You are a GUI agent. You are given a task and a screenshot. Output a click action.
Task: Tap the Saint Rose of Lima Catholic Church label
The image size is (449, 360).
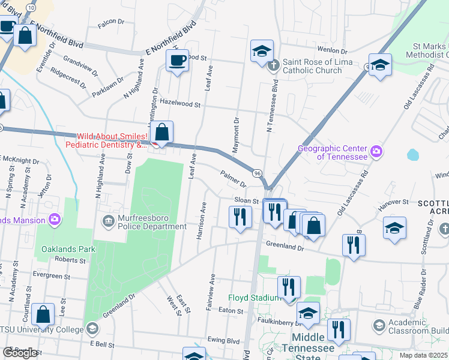(x=312, y=66)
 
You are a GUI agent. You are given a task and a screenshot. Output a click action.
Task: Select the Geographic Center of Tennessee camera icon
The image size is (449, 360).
(x=376, y=150)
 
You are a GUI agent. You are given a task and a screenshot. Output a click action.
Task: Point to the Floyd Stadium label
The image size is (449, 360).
(x=254, y=298)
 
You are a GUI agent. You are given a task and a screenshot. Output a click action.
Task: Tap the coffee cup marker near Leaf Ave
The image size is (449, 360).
(x=177, y=61)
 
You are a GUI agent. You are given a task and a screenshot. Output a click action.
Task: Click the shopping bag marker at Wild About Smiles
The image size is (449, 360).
(x=161, y=133)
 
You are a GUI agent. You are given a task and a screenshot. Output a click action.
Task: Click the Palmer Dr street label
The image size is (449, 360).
(x=234, y=178)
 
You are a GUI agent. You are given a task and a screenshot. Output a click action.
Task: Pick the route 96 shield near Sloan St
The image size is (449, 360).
(x=256, y=173)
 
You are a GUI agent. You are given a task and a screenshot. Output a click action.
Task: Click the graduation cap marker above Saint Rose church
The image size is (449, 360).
(x=262, y=52)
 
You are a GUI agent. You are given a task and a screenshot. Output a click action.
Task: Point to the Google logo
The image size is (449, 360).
(x=20, y=353)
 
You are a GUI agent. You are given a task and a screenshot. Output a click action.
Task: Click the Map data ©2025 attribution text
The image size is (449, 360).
(x=423, y=355)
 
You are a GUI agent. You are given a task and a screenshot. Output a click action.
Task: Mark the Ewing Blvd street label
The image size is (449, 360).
(x=223, y=340)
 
